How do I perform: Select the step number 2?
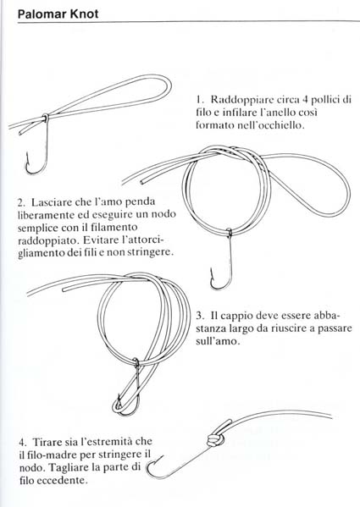click(x=19, y=205)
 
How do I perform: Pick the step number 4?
click(x=19, y=443)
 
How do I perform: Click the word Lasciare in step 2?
click(x=53, y=205)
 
